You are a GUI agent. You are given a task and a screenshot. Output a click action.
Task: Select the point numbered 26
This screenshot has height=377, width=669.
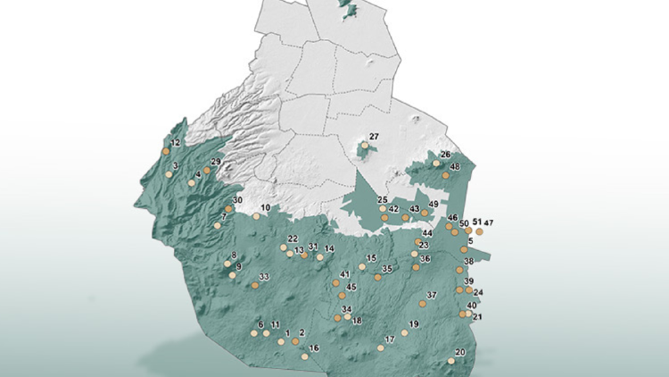pyautogui.click(x=436, y=163)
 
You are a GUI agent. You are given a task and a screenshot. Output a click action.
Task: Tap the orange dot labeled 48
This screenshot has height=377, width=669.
pyautogui.click(x=445, y=176)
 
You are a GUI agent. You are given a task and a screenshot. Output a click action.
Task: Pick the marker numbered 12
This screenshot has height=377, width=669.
pyautogui.click(x=166, y=152)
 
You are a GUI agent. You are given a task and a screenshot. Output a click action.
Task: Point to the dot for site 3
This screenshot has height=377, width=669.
pyautogui.click(x=169, y=173)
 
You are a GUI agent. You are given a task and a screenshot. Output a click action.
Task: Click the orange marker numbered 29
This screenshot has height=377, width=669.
pyautogui.click(x=206, y=170)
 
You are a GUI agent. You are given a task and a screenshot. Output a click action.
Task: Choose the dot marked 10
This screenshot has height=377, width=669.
pyautogui.click(x=255, y=216)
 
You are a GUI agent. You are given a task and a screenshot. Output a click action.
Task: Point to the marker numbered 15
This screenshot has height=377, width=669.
pyautogui.click(x=362, y=266)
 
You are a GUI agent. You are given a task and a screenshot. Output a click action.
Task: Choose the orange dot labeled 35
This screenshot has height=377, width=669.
pyautogui.click(x=377, y=277)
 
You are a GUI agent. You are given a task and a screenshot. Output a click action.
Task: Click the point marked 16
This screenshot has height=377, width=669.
pyautogui.click(x=304, y=356)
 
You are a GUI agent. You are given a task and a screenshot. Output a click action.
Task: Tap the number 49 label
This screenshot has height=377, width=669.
pyautogui.click(x=434, y=205)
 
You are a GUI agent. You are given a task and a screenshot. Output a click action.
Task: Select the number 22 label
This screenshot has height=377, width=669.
pyautogui.click(x=293, y=239)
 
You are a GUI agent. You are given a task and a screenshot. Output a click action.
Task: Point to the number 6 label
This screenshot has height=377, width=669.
pyautogui.click(x=260, y=324)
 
